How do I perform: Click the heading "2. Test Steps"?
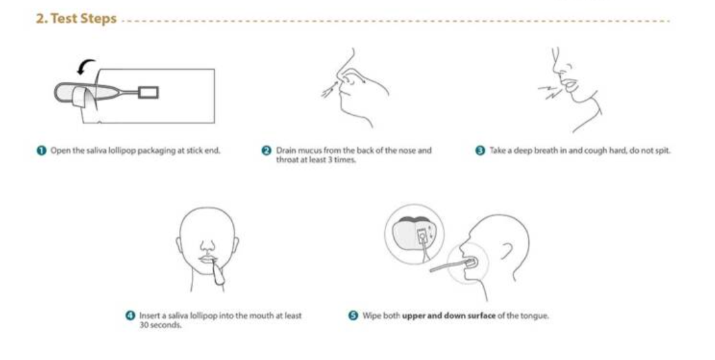tap(76, 19)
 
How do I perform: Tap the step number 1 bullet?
tap(41, 151)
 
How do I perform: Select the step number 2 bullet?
tap(266, 151)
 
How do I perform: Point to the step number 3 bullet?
tap(480, 151)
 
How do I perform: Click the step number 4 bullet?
tap(130, 316)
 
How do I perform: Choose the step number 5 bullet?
tap(353, 316)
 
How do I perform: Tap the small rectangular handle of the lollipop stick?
tap(148, 92)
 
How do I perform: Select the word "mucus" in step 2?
tap(309, 150)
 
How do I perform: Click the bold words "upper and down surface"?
tap(449, 316)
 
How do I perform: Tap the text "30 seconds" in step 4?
tap(160, 325)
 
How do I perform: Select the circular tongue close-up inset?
tap(414, 234)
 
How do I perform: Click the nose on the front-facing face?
tap(207, 247)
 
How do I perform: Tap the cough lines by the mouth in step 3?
tap(549, 90)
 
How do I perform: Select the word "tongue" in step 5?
tap(534, 316)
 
